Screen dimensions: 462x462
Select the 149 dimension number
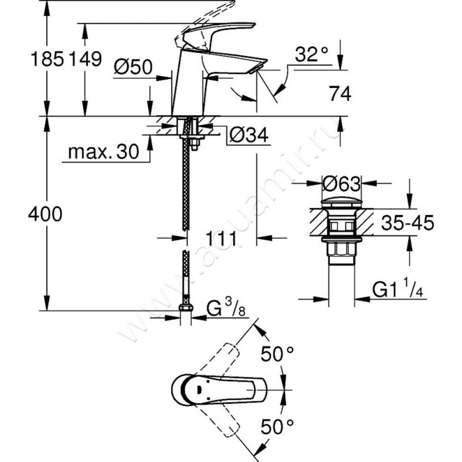pyautogui.click(x=85, y=59)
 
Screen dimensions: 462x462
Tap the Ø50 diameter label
pyautogui.click(x=133, y=68)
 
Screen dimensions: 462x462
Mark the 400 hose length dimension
pyautogui.click(x=44, y=214)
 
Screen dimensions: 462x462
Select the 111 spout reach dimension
pyautogui.click(x=222, y=237)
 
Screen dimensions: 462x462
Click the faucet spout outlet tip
pyautogui.click(x=255, y=68)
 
